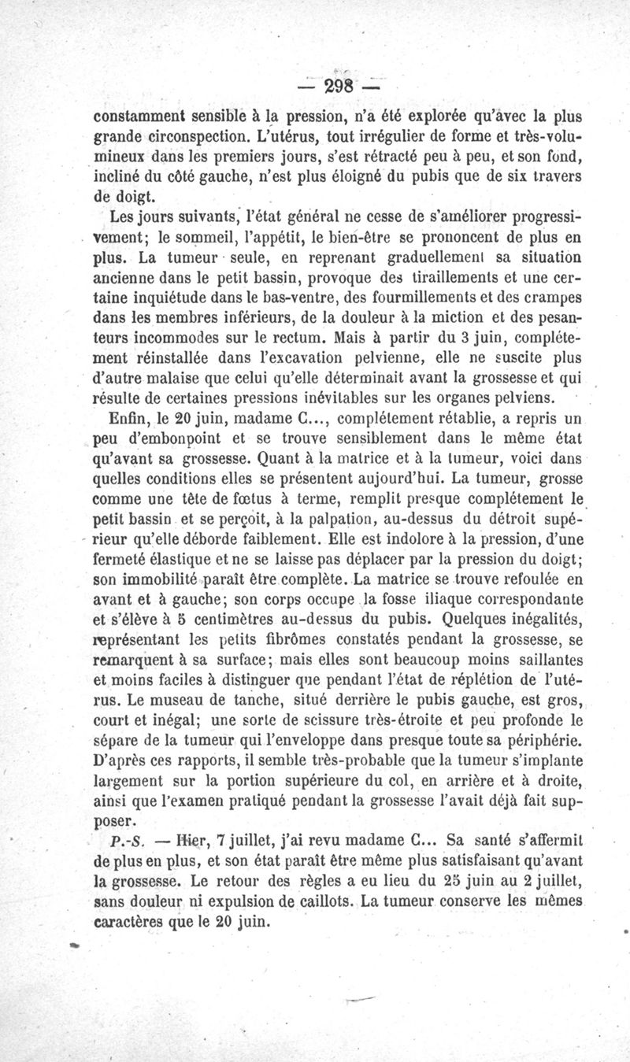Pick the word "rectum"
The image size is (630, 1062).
pos(288,339)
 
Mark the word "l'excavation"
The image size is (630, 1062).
pos(294,359)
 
